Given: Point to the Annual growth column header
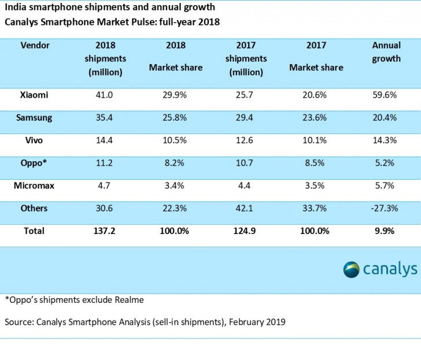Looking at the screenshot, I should coord(386,51).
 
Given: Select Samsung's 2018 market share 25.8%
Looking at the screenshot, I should coord(176,118).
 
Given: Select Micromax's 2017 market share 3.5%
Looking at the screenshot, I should coord(316,185).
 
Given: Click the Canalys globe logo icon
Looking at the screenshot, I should coord(351,269).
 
